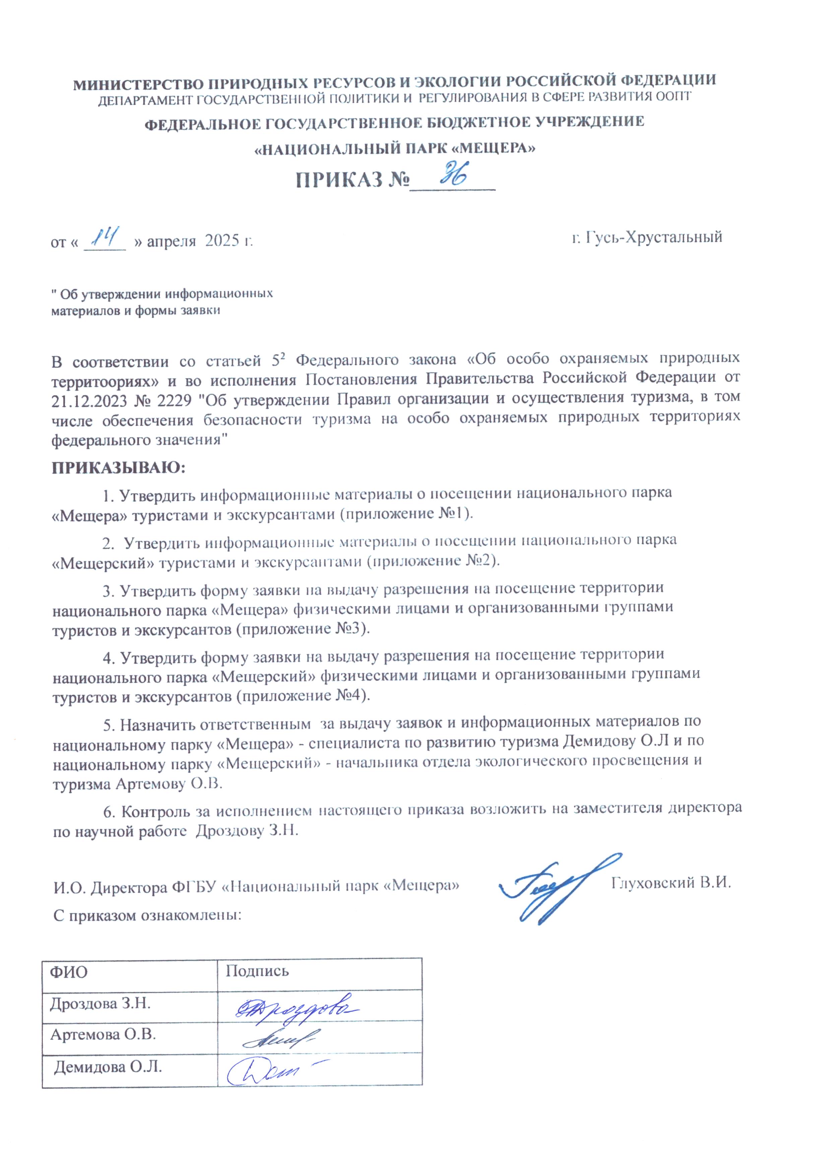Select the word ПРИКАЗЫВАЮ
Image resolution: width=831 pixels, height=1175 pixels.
pos(118,467)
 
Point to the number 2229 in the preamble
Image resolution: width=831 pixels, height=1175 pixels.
pos(174,399)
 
